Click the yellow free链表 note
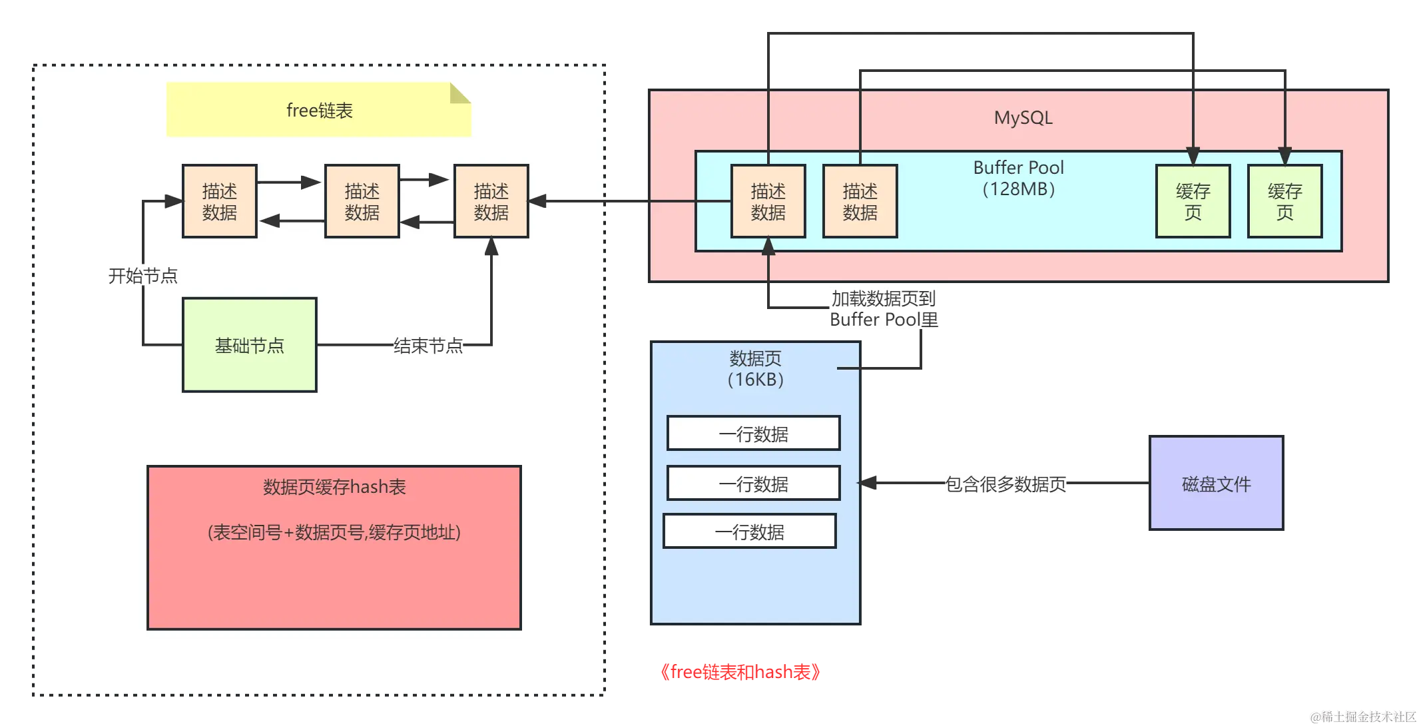point(318,110)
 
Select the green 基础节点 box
point(249,345)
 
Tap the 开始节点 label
point(142,276)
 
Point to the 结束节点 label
point(427,346)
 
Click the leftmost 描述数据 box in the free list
point(219,201)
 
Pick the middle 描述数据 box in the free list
point(362,201)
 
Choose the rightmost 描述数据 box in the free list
point(491,201)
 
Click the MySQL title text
point(1023,118)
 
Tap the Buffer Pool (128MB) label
point(1018,178)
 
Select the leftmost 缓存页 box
point(1193,201)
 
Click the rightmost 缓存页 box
point(1284,201)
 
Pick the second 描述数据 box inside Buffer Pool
point(860,201)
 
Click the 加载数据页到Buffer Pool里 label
point(884,308)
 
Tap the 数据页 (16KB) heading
point(755,368)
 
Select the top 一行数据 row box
point(753,434)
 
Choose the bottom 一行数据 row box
point(749,532)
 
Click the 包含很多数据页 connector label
point(1005,484)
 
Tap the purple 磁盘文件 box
point(1216,484)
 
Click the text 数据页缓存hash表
point(334,487)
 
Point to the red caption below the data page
point(739,671)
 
